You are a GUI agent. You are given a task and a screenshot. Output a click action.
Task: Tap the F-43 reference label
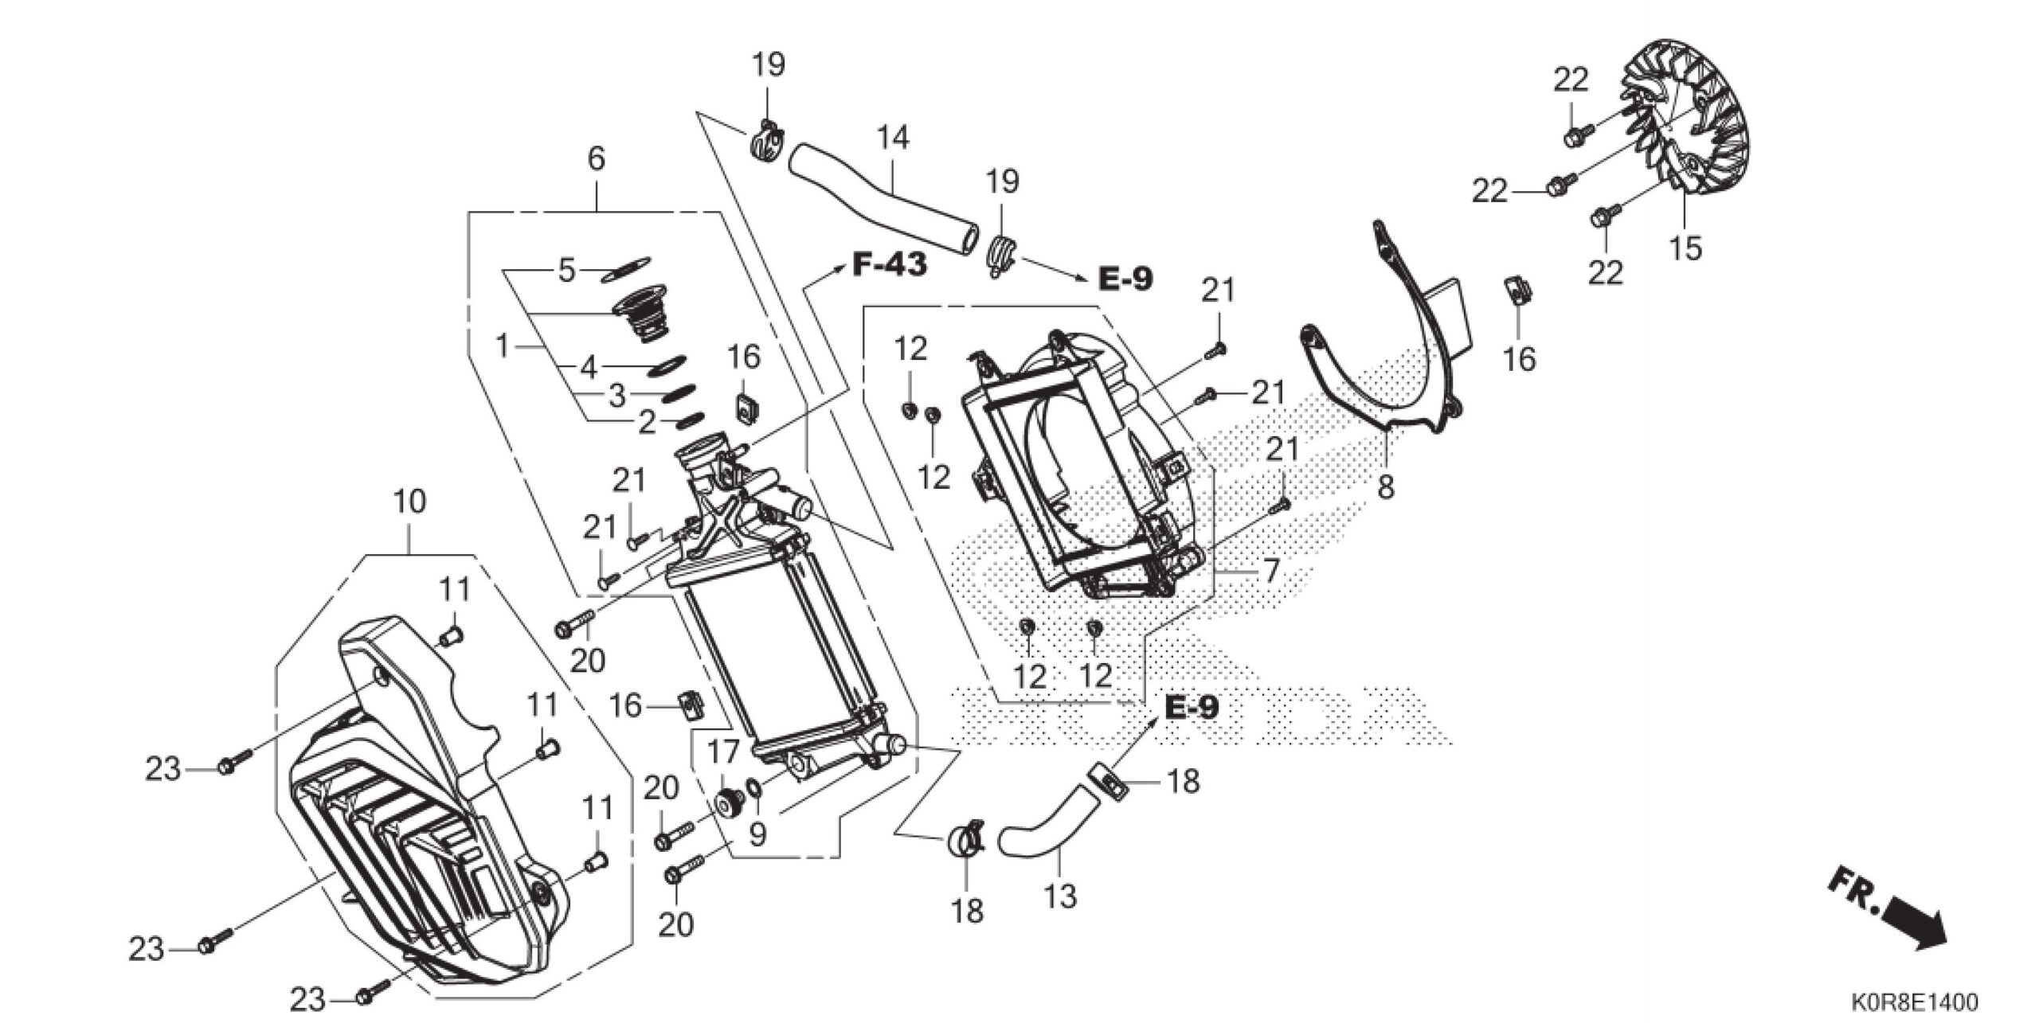(890, 264)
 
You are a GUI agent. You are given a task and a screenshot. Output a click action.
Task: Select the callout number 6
(596, 159)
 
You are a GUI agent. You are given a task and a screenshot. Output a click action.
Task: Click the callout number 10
(409, 502)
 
